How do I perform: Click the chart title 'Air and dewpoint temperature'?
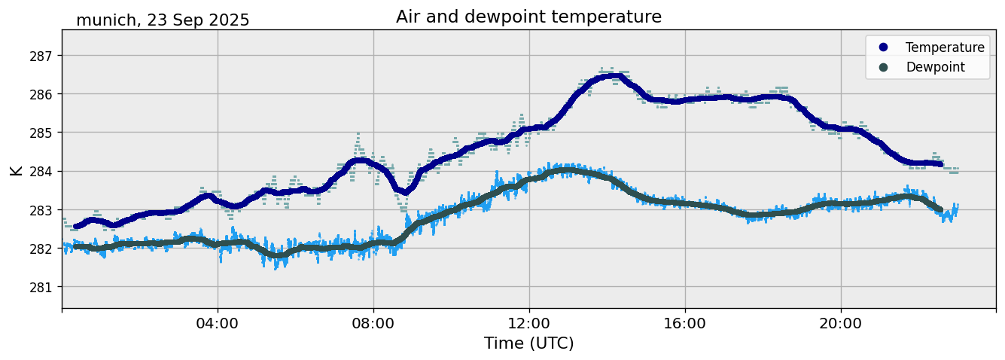tap(528, 17)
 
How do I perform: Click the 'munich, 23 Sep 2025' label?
tap(163, 20)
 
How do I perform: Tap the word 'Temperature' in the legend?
tap(945, 47)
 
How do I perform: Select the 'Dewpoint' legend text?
tap(935, 67)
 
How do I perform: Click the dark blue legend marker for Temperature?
tap(883, 47)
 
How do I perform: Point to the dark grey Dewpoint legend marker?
tap(883, 67)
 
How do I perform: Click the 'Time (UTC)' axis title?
tap(528, 344)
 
